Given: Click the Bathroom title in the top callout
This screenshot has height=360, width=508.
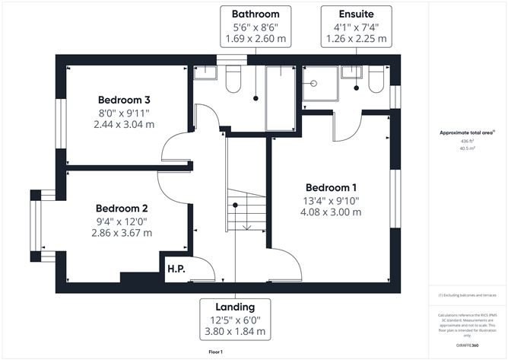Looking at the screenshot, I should [256, 14].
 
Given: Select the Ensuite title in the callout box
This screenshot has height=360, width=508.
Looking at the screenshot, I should [356, 14].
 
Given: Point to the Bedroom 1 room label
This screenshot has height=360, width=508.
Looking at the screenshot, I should [331, 187].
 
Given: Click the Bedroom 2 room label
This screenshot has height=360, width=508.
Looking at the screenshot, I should [122, 208].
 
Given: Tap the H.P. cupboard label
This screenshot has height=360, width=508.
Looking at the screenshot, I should [176, 268].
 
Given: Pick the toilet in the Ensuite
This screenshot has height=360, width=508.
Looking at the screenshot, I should [376, 81].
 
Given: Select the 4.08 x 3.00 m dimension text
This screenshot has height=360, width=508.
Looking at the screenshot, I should [332, 212].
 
